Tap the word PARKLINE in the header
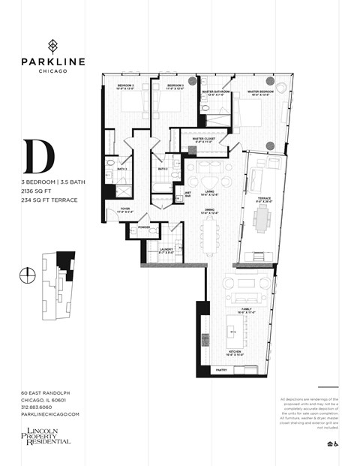(x=52, y=61)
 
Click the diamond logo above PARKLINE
(x=52, y=44)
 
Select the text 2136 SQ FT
(x=37, y=191)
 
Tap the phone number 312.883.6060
(x=41, y=407)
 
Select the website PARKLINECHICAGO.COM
(x=50, y=414)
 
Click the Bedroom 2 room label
(x=125, y=87)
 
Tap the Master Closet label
(x=205, y=140)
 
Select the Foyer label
(x=124, y=210)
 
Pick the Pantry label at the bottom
(x=221, y=370)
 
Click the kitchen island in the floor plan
(x=232, y=328)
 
